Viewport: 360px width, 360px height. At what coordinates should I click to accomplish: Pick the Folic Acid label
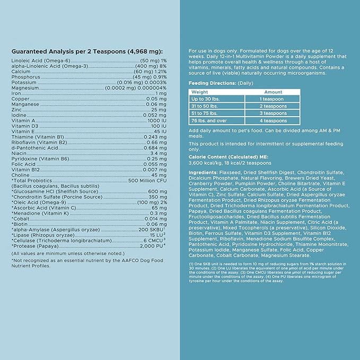pyautogui.click(x=23, y=164)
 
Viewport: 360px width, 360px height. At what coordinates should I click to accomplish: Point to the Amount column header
pyautogui.click(x=273, y=92)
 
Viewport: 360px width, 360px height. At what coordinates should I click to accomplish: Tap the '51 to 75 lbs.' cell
pyautogui.click(x=206, y=113)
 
